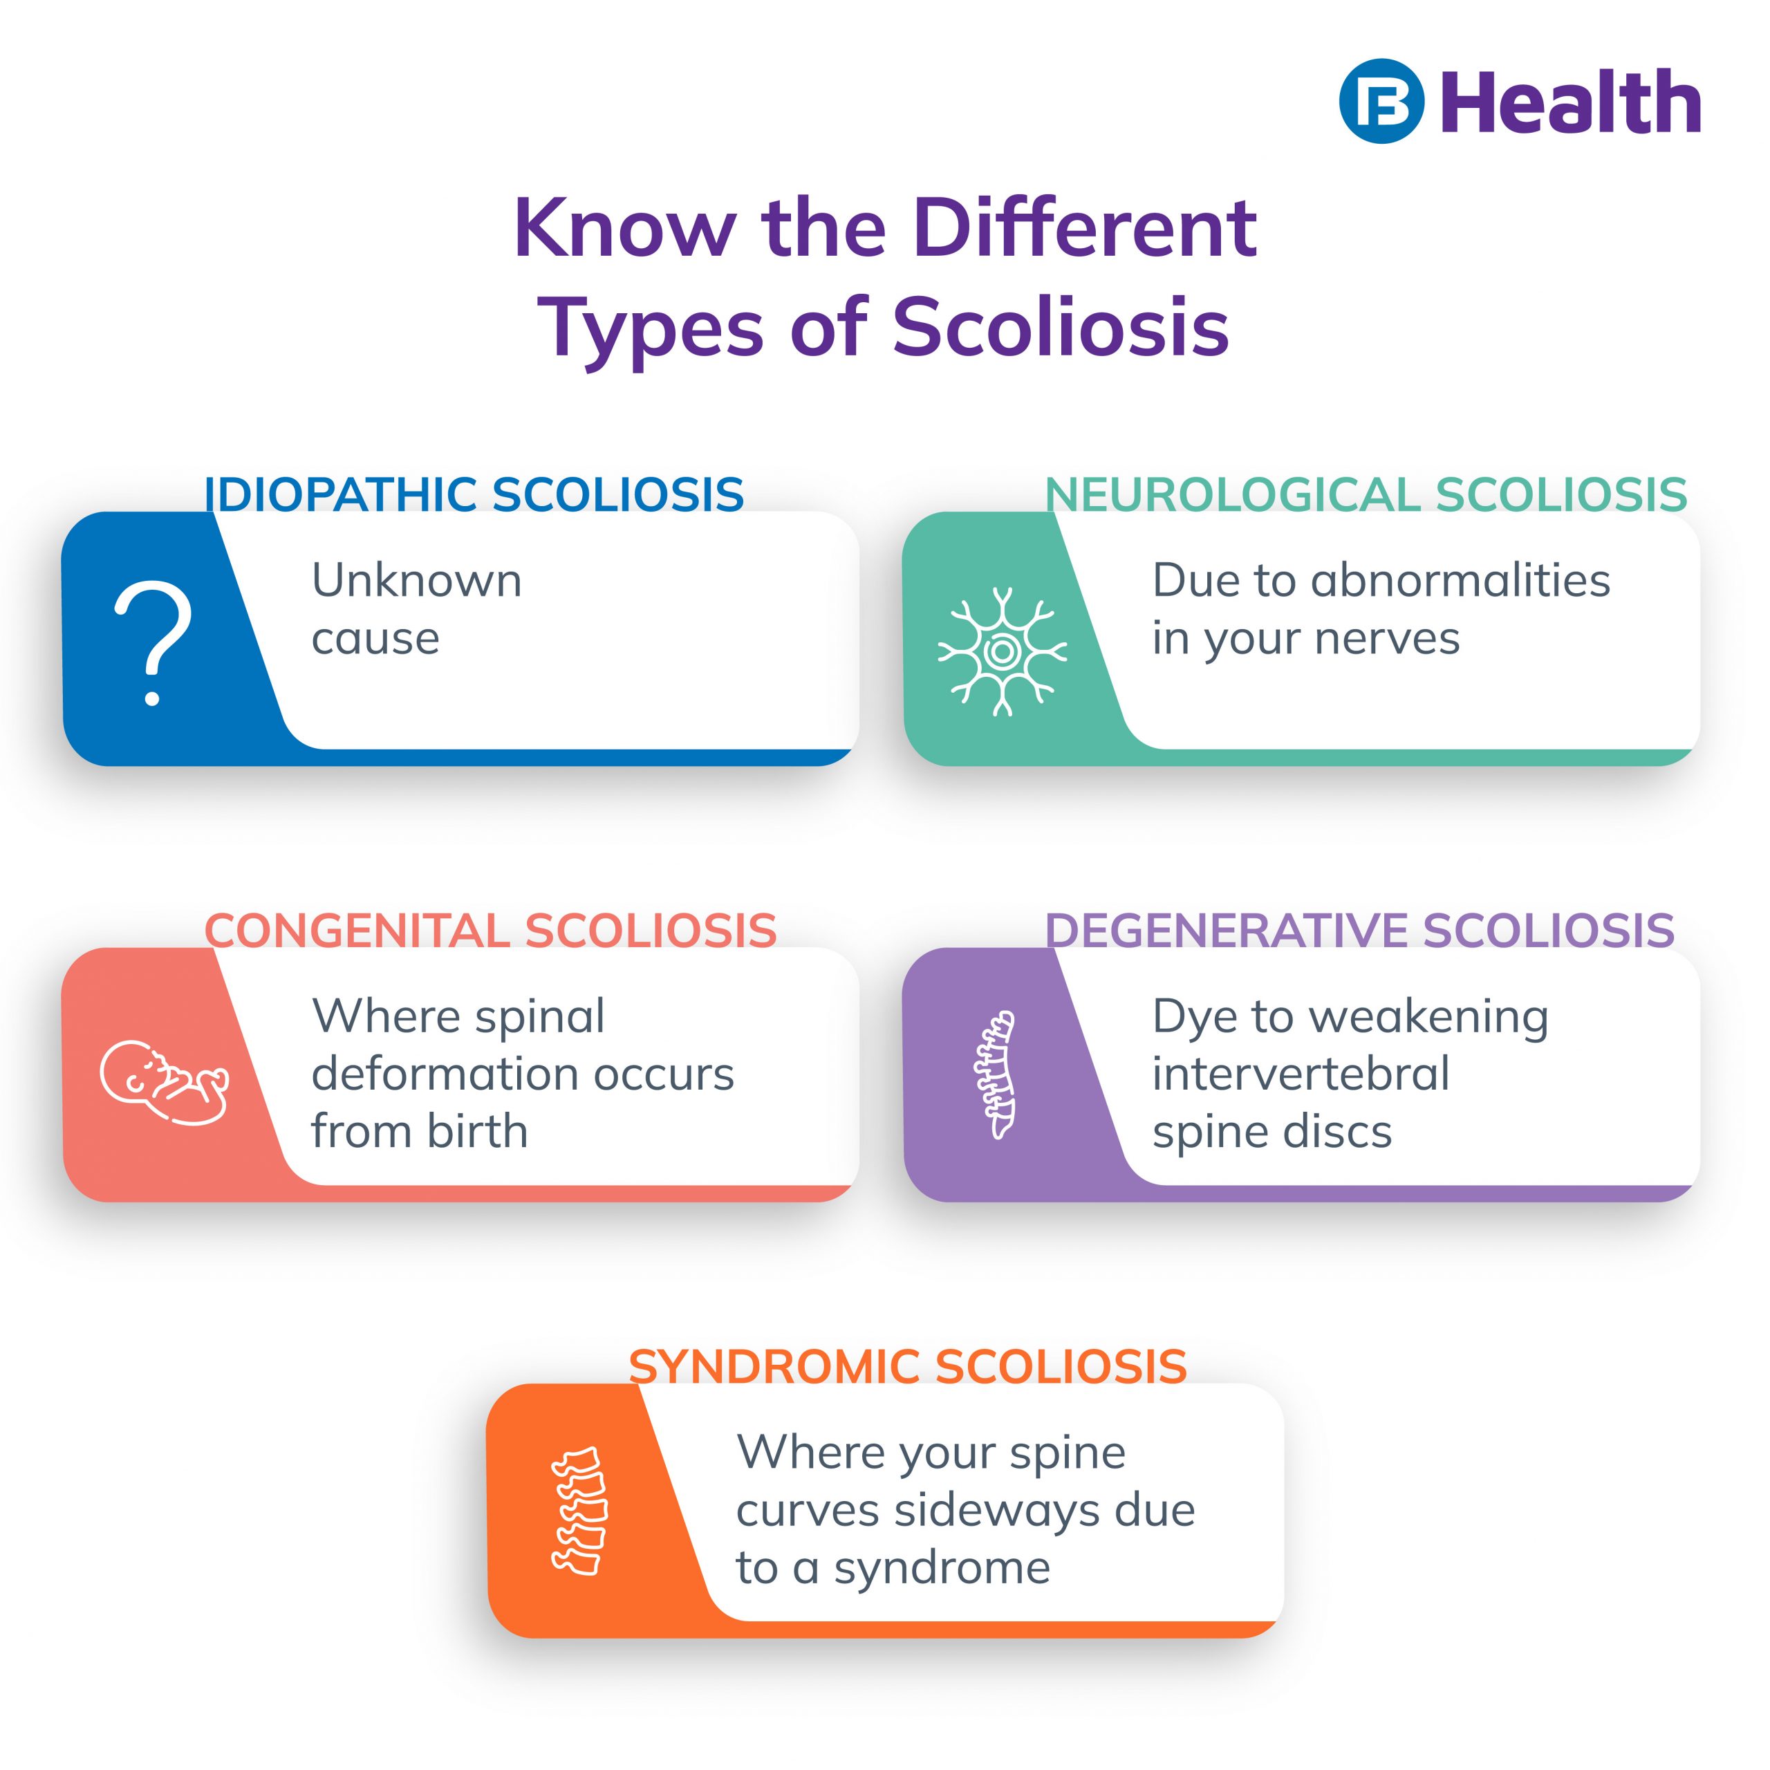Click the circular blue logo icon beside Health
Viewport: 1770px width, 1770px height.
tap(1381, 102)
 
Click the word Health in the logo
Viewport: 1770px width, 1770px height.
tap(1570, 102)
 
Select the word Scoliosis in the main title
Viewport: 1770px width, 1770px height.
tap(1061, 327)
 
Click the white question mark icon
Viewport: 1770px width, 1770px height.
tap(153, 642)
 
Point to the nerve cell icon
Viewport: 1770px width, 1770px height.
tap(1003, 651)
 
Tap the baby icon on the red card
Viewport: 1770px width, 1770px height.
tap(164, 1082)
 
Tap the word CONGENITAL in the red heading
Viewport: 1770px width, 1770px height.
tap(356, 932)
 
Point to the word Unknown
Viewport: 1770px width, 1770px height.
tap(417, 581)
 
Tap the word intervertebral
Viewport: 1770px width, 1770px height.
tap(1301, 1074)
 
